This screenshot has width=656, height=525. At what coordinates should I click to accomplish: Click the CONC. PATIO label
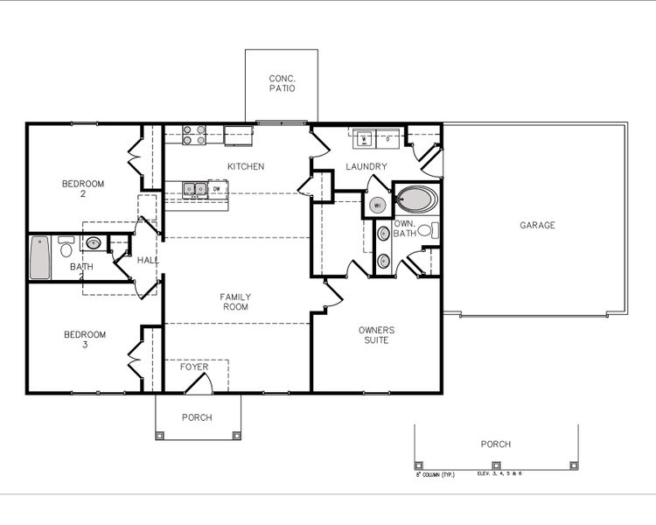tap(282, 83)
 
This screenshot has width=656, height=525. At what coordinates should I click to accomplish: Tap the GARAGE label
tap(537, 226)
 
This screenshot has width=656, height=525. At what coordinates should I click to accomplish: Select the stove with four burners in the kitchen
tap(193, 136)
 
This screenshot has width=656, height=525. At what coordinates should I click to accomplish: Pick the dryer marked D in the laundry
tap(387, 137)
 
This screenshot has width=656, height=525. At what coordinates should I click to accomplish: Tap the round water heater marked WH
tap(377, 205)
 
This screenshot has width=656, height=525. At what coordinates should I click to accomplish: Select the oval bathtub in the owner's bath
tap(416, 200)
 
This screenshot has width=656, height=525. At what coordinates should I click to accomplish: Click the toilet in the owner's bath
tap(427, 231)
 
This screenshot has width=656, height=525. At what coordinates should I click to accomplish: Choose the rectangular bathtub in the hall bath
tap(39, 257)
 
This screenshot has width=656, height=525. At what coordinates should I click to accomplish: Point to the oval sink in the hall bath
tap(93, 244)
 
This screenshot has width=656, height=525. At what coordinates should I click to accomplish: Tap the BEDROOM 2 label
tap(83, 189)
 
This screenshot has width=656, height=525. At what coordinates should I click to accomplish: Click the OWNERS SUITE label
tap(376, 335)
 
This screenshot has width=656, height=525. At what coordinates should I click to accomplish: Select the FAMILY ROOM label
tap(234, 302)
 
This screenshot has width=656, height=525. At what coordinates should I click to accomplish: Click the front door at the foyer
tap(196, 383)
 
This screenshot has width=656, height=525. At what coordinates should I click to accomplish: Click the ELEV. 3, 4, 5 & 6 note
tap(499, 473)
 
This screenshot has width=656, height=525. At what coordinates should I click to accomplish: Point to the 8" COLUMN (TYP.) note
tap(435, 474)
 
